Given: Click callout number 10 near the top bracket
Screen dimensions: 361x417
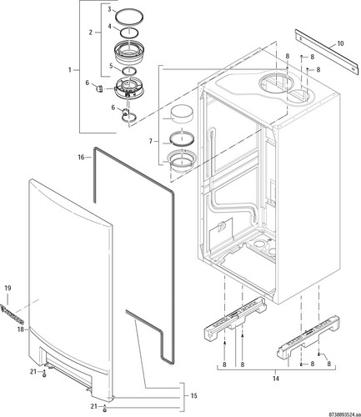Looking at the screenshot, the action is coord(340,43).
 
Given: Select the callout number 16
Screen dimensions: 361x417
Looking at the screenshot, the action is coord(81,158).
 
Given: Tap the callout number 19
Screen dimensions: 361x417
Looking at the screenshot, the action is coord(8,288).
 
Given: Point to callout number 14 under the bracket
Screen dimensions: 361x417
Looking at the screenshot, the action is coord(276,379).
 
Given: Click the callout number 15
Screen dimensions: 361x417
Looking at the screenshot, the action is coord(193,395).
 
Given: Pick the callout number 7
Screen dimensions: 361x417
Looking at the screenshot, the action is coord(151,142).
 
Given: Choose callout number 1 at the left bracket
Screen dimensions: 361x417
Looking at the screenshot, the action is coord(70,70).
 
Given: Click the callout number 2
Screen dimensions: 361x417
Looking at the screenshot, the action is coord(91,33).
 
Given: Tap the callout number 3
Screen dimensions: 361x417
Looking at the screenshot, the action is coord(109,9).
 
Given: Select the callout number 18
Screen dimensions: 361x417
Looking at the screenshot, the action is coord(20,329).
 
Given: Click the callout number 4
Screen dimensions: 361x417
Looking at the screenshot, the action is coord(110,27).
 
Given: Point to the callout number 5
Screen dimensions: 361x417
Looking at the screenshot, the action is coord(111,66).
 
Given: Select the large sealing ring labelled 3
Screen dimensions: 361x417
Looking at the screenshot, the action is coord(130,18).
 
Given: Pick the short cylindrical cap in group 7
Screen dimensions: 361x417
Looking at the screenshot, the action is coord(182,113).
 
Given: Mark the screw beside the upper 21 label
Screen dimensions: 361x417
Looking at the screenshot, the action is coord(44,374).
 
